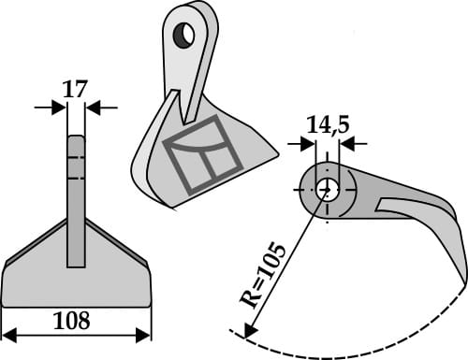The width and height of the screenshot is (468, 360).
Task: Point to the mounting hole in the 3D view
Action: pos(184,36)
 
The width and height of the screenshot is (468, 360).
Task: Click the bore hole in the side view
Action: pos(328,188)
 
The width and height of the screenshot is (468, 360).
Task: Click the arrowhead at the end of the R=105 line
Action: pos(249,329)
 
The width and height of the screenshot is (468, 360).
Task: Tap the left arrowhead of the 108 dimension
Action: pos(7,335)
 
